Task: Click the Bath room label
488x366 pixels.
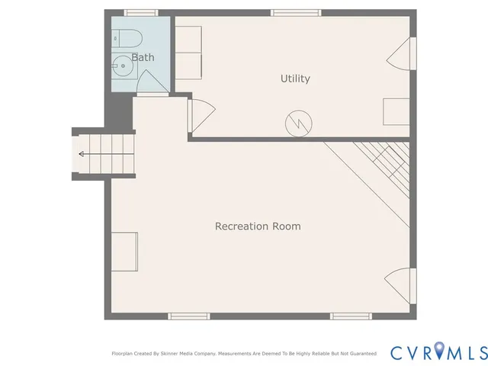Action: [143, 57]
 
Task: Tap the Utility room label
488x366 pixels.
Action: [295, 79]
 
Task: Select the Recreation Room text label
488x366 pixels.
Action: [257, 226]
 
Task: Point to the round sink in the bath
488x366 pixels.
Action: [123, 67]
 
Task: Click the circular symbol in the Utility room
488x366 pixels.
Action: [298, 123]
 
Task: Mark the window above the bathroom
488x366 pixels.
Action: [141, 12]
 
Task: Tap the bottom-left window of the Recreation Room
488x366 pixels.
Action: [188, 316]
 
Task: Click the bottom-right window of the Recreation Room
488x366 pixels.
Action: [351, 316]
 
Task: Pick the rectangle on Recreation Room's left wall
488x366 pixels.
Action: [125, 252]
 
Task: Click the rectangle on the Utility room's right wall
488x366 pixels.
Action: [396, 111]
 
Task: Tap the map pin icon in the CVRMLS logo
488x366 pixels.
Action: [441, 352]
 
